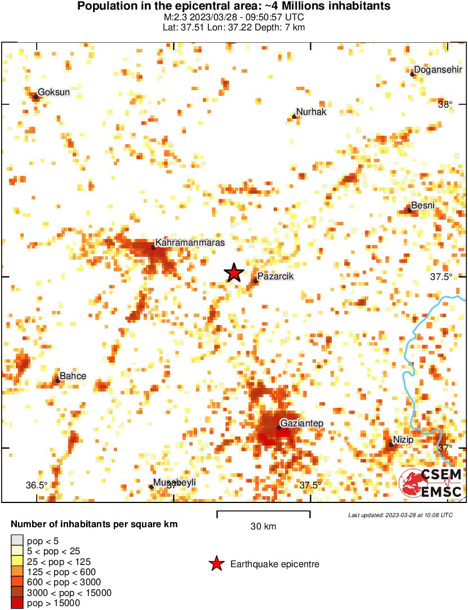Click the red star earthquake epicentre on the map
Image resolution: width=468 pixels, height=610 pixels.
(234, 273)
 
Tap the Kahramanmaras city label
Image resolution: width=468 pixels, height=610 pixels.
(190, 243)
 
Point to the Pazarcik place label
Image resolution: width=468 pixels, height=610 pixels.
(275, 277)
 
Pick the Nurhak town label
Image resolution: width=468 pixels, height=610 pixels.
(311, 112)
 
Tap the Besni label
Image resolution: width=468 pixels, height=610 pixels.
(423, 206)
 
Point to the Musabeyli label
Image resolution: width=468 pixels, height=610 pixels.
(175, 483)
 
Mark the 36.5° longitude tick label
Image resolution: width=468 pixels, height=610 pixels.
(38, 486)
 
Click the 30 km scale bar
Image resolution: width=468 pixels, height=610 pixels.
(264, 513)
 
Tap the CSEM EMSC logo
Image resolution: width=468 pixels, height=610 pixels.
(431, 483)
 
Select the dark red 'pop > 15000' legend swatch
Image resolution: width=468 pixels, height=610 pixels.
(17, 603)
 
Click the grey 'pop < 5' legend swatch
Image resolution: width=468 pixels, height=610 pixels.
(17, 541)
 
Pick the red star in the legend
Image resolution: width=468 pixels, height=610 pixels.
(216, 564)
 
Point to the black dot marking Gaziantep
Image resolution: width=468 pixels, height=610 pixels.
(278, 428)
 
